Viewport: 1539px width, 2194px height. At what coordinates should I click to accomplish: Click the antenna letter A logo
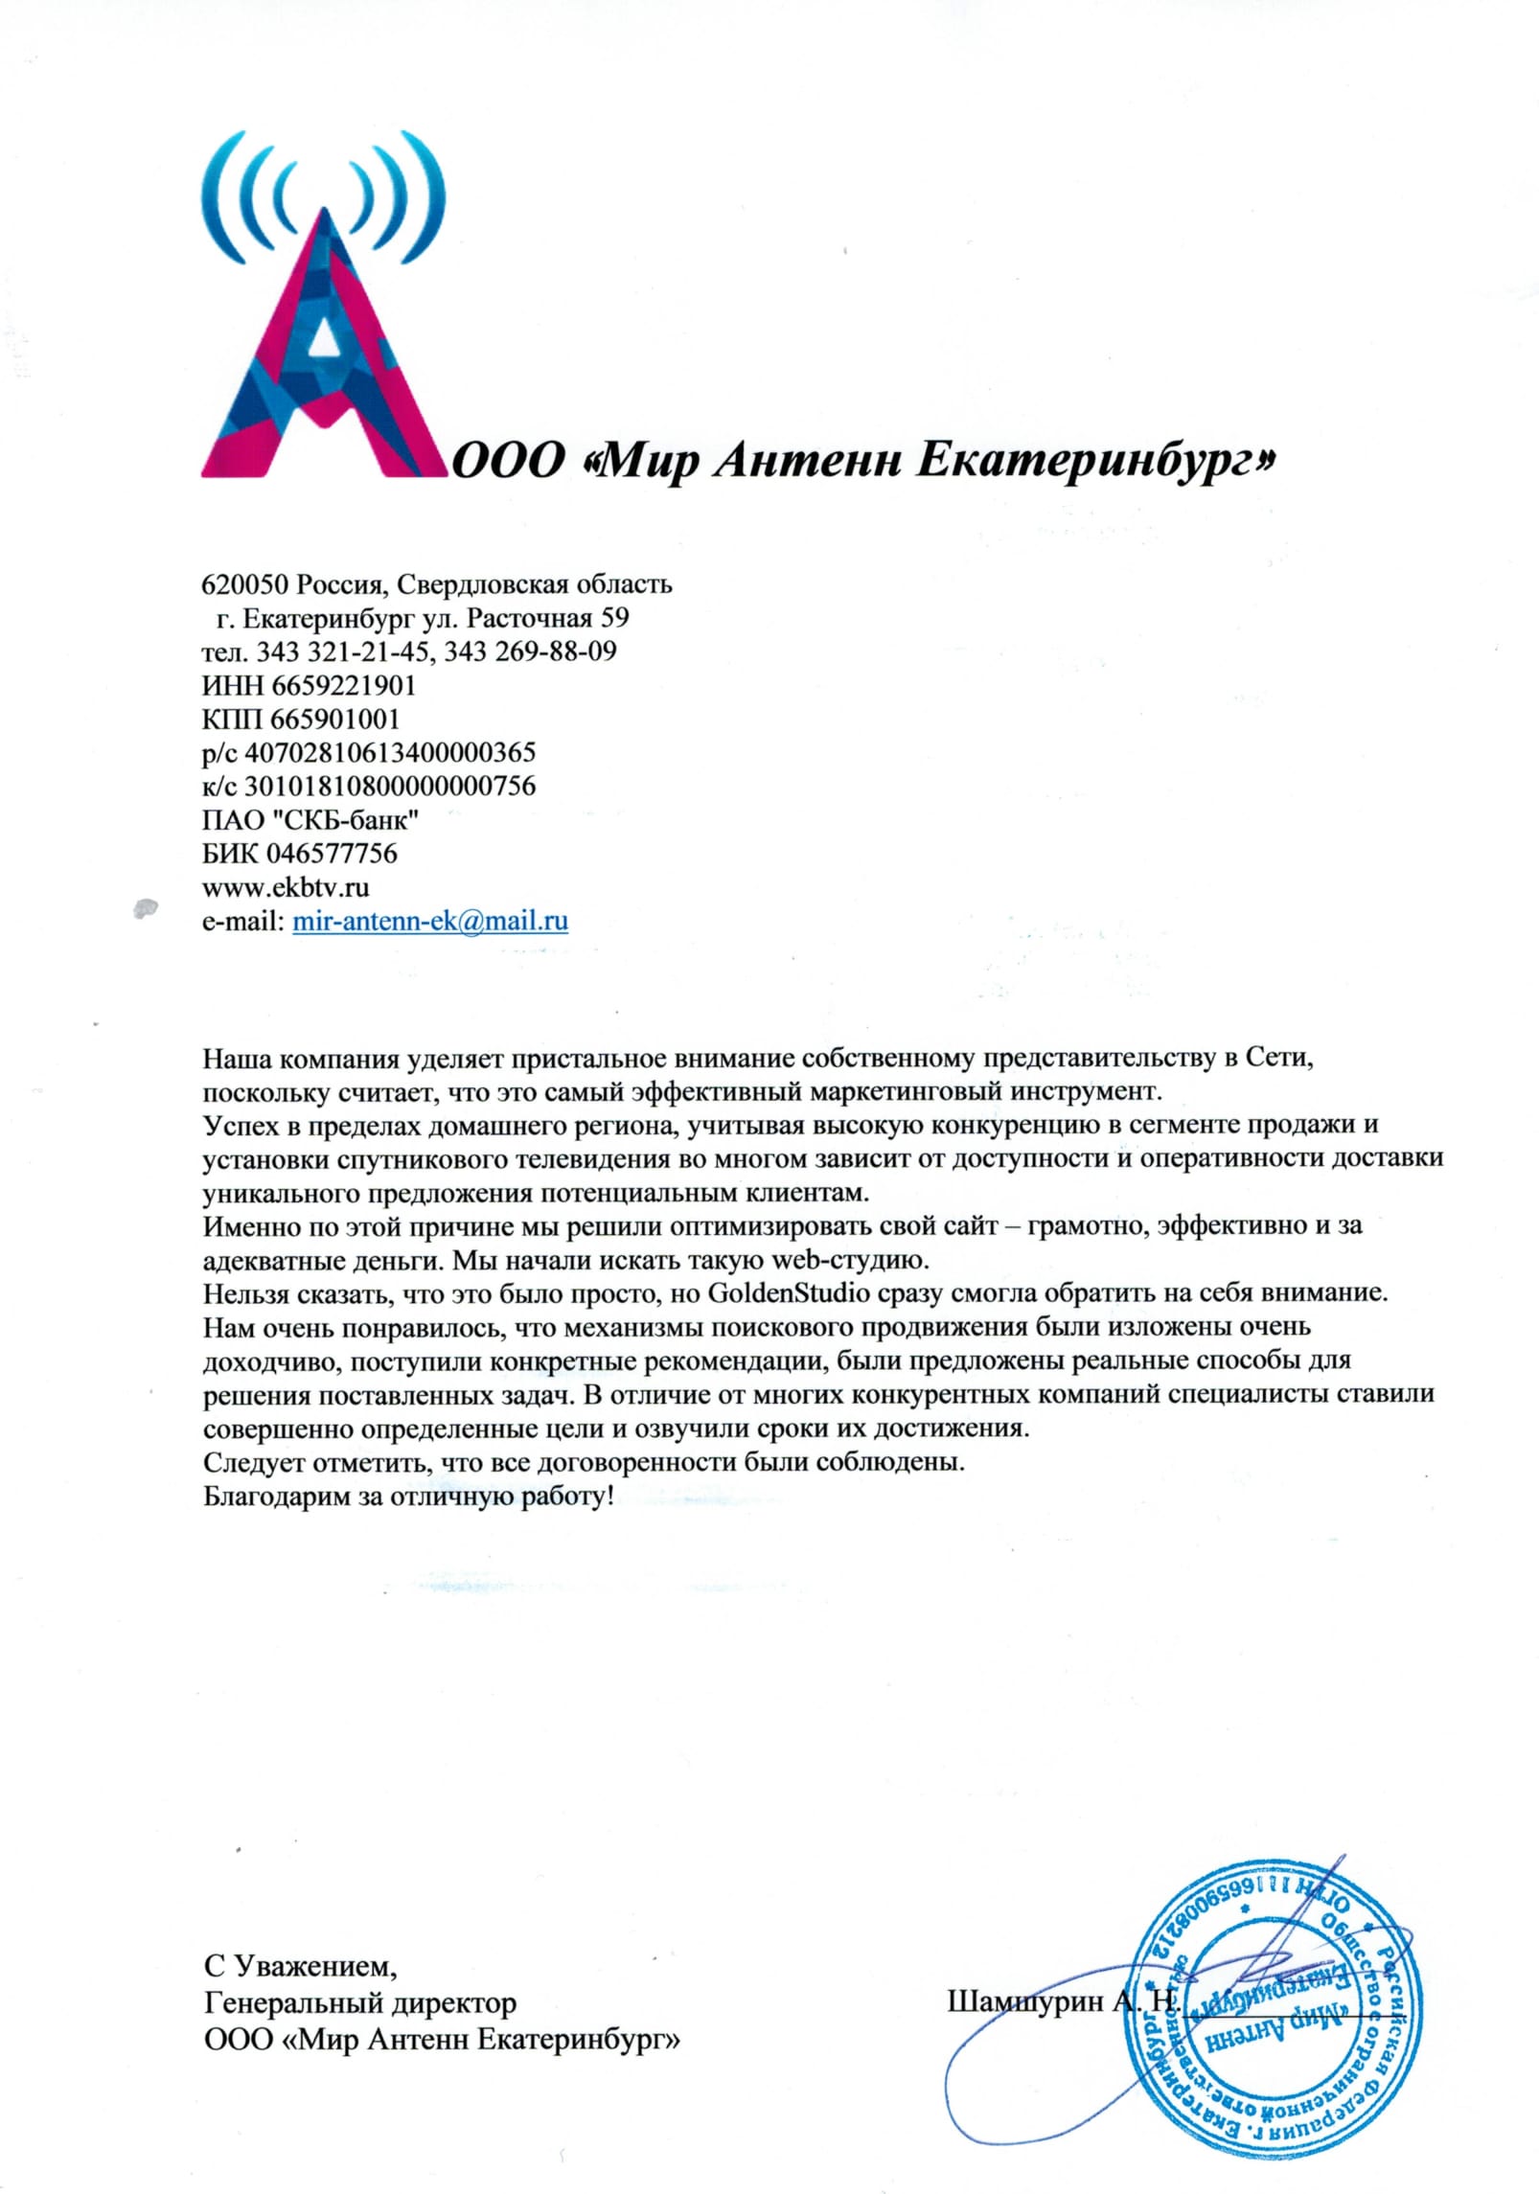(321, 316)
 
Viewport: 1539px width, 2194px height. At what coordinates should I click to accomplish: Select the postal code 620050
(244, 583)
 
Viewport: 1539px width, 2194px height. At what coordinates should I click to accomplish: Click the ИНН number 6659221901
(344, 685)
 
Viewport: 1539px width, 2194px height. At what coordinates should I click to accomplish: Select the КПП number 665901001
(334, 719)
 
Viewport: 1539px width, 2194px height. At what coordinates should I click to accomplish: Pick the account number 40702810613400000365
(390, 752)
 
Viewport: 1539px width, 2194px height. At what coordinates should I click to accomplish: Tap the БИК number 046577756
(332, 854)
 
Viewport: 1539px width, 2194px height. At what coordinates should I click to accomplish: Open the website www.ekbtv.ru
(286, 887)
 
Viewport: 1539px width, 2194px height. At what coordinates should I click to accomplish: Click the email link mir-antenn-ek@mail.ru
(429, 922)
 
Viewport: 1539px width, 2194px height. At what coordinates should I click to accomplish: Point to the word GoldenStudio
(788, 1293)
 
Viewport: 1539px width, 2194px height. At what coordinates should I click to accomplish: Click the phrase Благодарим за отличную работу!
(407, 1496)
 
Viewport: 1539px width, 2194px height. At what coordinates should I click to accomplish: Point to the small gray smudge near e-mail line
(145, 905)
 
